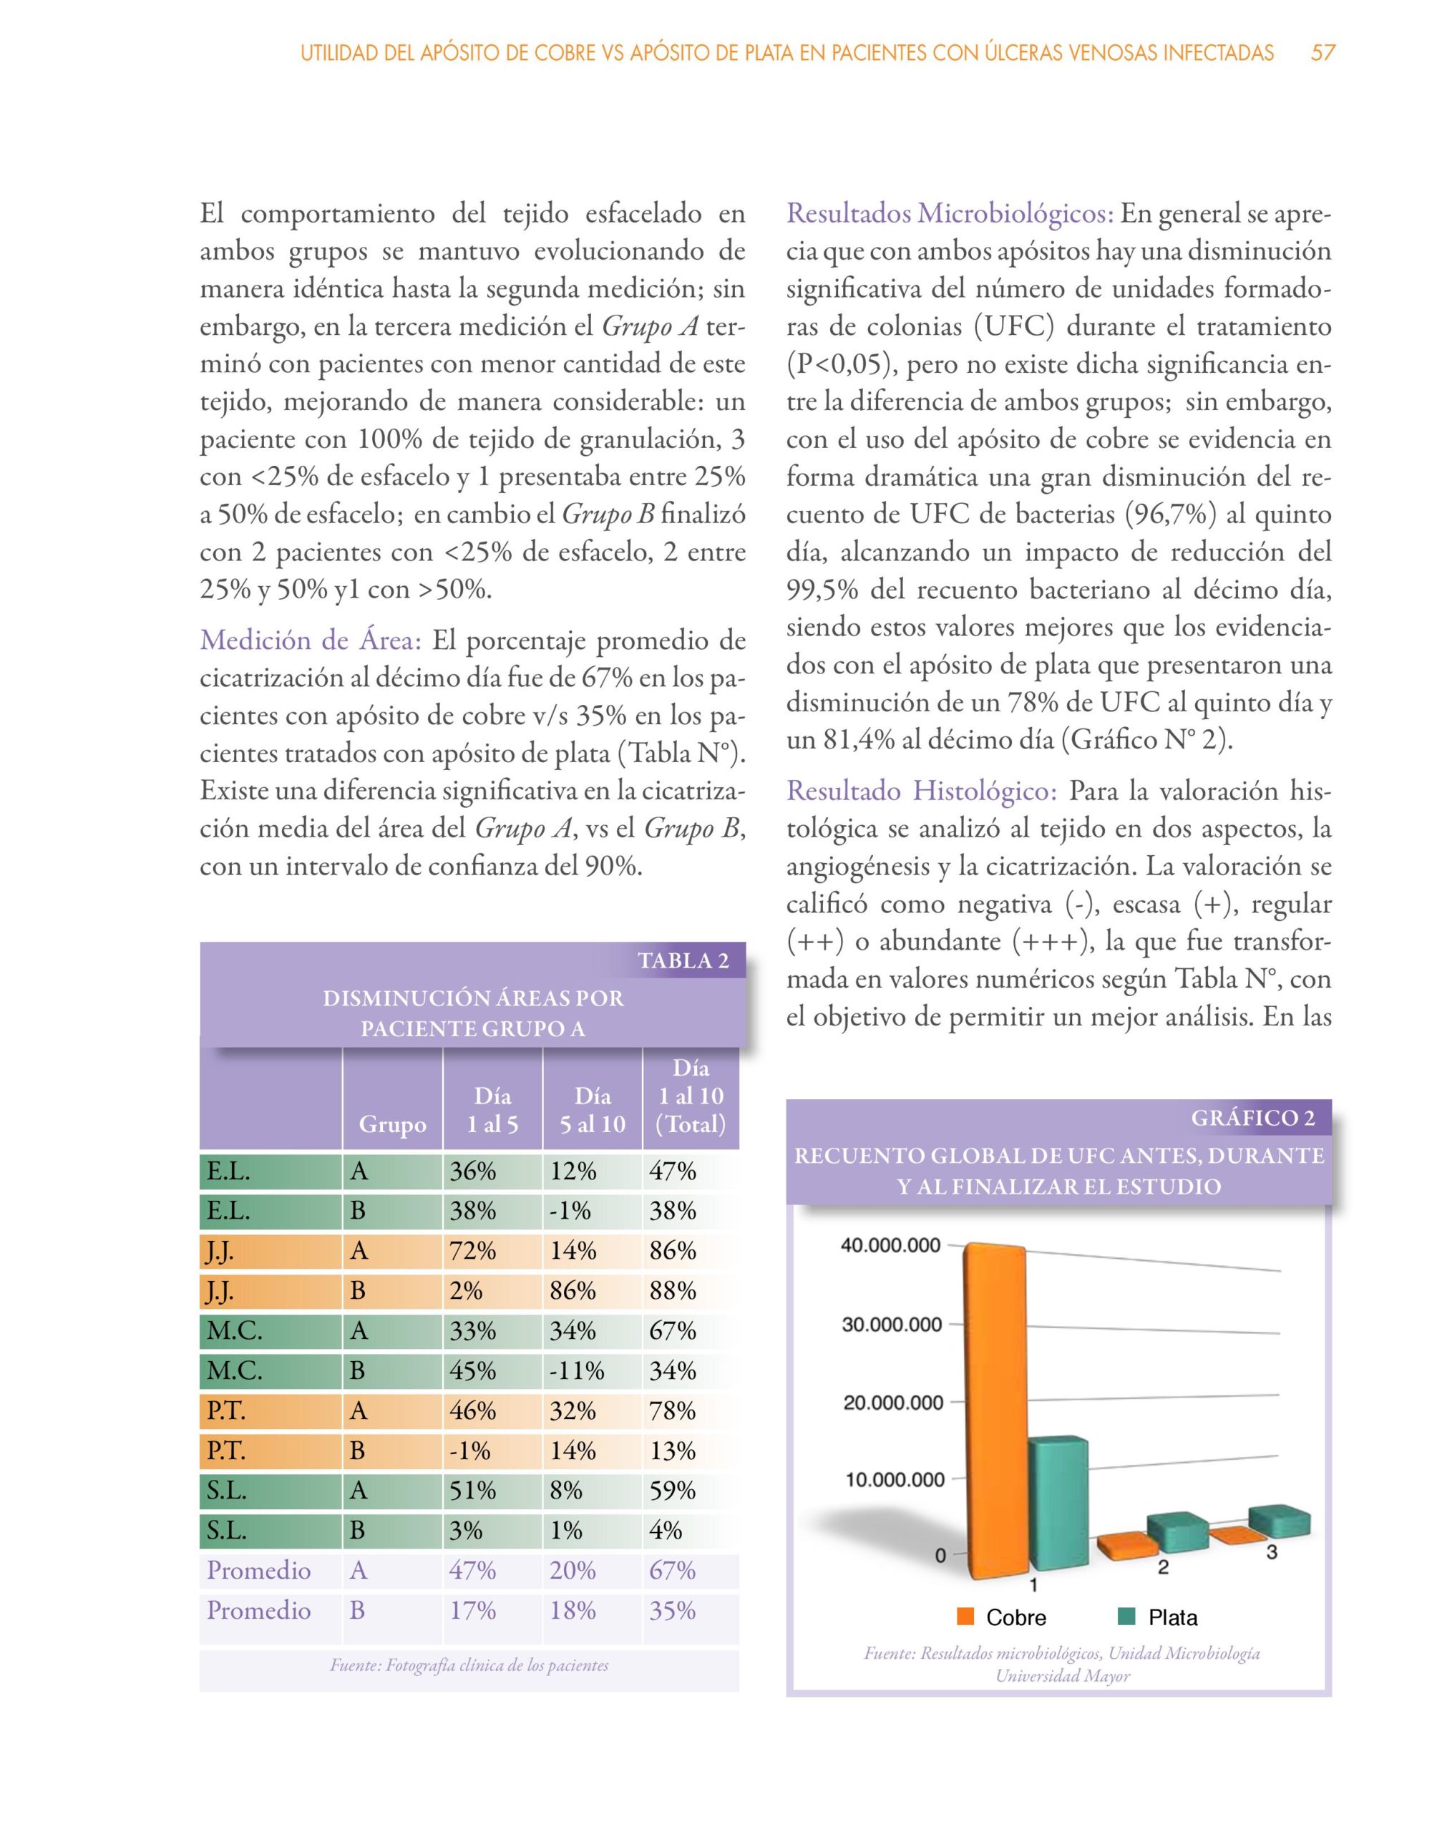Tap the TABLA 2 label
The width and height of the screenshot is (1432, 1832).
coord(683,960)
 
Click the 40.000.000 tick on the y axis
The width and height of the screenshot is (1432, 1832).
coord(891,1246)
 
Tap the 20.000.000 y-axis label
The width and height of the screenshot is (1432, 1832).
coord(892,1403)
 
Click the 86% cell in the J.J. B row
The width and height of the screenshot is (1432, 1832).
coord(573,1291)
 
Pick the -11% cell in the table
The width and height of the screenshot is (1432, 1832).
coord(576,1370)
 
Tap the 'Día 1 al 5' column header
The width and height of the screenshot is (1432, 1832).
coord(492,1110)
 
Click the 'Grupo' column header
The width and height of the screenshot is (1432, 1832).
coord(391,1124)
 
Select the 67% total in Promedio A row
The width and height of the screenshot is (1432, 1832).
coord(673,1570)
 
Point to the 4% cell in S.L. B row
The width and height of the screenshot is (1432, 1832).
coord(666,1530)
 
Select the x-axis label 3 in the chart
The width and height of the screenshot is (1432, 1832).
coord(1272,1553)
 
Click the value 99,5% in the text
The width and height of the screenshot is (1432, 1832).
coord(822,590)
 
